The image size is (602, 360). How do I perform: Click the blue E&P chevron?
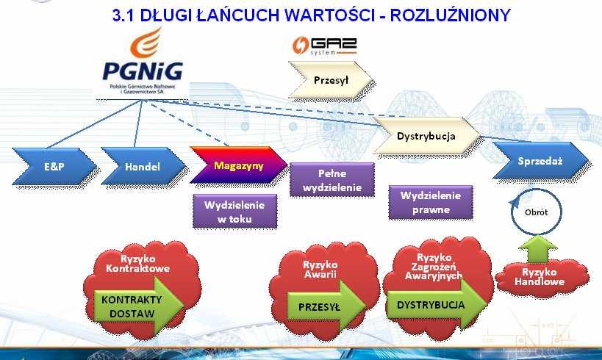54,166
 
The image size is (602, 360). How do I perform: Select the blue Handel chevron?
143,166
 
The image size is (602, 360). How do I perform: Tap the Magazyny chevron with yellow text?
239,165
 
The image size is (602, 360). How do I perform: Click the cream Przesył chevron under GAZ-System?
331,80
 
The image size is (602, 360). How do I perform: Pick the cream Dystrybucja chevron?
426,136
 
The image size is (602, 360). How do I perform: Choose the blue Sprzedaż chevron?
540,160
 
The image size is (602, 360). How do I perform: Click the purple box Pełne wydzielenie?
332,180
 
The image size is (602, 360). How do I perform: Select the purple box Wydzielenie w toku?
234,212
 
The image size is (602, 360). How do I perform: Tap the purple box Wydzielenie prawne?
431,202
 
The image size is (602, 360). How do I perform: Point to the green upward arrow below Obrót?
538,249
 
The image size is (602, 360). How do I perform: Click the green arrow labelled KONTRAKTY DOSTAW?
139,306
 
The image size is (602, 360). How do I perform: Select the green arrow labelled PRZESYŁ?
326,306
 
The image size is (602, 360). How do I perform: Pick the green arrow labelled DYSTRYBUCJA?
437,305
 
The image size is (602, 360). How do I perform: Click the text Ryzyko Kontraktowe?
138,263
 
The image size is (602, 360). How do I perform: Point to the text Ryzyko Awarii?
320,270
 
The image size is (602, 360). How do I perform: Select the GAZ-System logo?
325,46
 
